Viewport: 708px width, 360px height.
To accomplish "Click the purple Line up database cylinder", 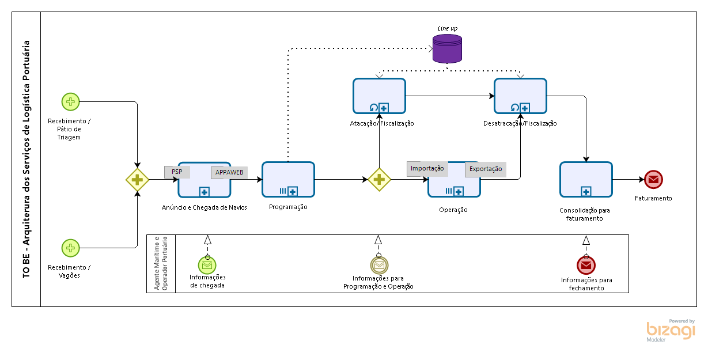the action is tap(447, 49).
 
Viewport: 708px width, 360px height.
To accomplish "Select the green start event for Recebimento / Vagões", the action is tap(70, 248).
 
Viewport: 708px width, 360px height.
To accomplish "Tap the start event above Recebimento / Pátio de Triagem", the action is tap(70, 102).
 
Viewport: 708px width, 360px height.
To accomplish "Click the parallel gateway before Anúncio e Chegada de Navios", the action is tap(137, 180).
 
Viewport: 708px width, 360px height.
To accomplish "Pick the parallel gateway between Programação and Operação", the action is tap(379, 180).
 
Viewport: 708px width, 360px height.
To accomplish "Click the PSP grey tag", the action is tap(177, 172).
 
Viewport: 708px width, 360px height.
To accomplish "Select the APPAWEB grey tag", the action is tap(229, 173).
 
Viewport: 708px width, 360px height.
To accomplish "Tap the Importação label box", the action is tap(427, 169).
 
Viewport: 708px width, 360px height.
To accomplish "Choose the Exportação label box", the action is tap(486, 169).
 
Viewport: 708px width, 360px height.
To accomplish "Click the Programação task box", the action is tap(288, 180).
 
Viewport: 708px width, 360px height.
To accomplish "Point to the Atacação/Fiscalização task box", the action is tap(379, 96).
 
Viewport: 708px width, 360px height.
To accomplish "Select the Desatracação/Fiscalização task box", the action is tap(520, 96).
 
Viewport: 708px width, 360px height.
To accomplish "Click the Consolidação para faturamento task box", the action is tap(586, 180).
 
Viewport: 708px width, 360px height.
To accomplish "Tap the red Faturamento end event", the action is tap(653, 180).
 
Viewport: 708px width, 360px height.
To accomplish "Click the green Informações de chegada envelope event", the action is tap(207, 265).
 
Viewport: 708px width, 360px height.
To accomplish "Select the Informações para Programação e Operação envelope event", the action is tap(379, 265).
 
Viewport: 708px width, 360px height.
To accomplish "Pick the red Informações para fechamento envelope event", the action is tap(586, 266).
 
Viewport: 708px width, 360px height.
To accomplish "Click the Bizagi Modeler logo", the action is tap(671, 331).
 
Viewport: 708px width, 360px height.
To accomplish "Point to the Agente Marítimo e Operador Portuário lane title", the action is tap(161, 263).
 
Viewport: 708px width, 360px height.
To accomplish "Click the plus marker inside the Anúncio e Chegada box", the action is tap(204, 192).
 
